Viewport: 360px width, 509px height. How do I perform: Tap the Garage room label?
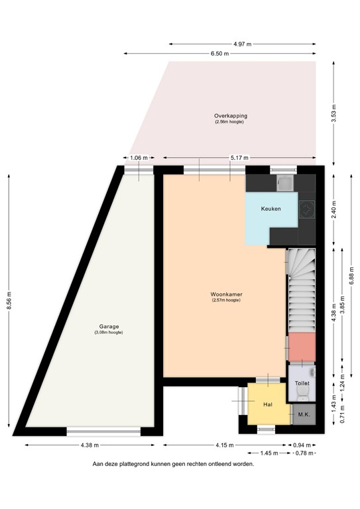[x=109, y=326]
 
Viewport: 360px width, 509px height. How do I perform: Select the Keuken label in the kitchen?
[x=270, y=209]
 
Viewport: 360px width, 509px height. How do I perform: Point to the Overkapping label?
[x=230, y=116]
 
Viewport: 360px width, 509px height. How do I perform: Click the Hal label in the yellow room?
[x=268, y=404]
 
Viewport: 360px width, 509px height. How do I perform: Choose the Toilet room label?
[x=302, y=383]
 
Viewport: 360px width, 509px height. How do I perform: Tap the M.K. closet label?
[x=304, y=414]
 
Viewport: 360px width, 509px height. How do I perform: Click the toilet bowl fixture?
[x=302, y=396]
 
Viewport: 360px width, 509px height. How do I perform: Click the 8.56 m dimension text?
[x=9, y=301]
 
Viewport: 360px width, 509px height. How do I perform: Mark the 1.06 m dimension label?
[x=139, y=158]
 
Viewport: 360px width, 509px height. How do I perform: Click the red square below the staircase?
[x=301, y=346]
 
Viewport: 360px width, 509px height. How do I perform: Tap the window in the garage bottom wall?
[x=103, y=431]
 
